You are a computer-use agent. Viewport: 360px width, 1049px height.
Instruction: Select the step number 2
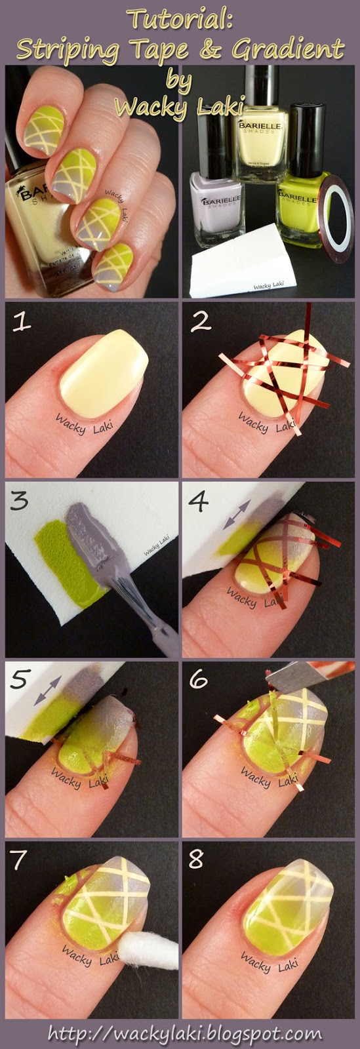(x=201, y=323)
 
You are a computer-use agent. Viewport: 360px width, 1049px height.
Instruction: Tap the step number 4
(x=200, y=504)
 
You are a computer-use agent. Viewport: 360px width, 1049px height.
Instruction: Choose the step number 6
(x=201, y=682)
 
